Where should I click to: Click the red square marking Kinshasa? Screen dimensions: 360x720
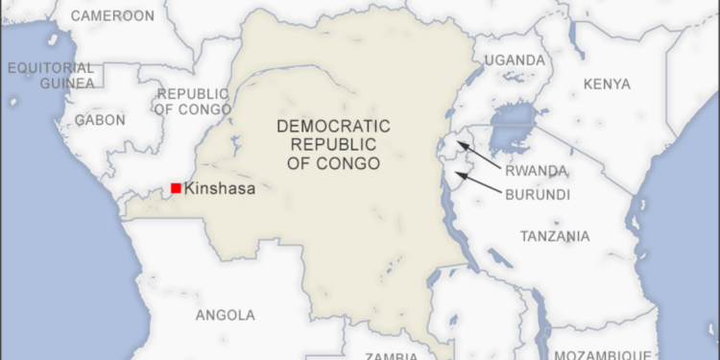[176, 188]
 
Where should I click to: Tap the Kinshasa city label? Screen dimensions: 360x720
[220, 189]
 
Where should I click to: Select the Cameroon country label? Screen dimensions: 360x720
[112, 16]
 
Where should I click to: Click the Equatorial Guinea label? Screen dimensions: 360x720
[52, 76]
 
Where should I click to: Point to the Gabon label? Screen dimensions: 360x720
[100, 120]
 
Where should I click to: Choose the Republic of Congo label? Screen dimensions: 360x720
[192, 102]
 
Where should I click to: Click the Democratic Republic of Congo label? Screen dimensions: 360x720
[333, 145]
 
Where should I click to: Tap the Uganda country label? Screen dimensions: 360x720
[515, 60]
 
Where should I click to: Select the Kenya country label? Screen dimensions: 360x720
[606, 84]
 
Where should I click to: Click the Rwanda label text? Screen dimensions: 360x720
[536, 172]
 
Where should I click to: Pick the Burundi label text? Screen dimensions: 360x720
[537, 194]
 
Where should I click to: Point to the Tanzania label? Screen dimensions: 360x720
[555, 236]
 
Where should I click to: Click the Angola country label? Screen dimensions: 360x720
[226, 315]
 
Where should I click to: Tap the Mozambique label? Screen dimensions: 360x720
[612, 353]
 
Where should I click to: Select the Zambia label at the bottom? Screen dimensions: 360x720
[391, 355]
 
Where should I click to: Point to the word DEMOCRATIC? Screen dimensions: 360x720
[333, 126]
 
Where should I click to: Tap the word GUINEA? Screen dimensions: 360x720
[67, 84]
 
